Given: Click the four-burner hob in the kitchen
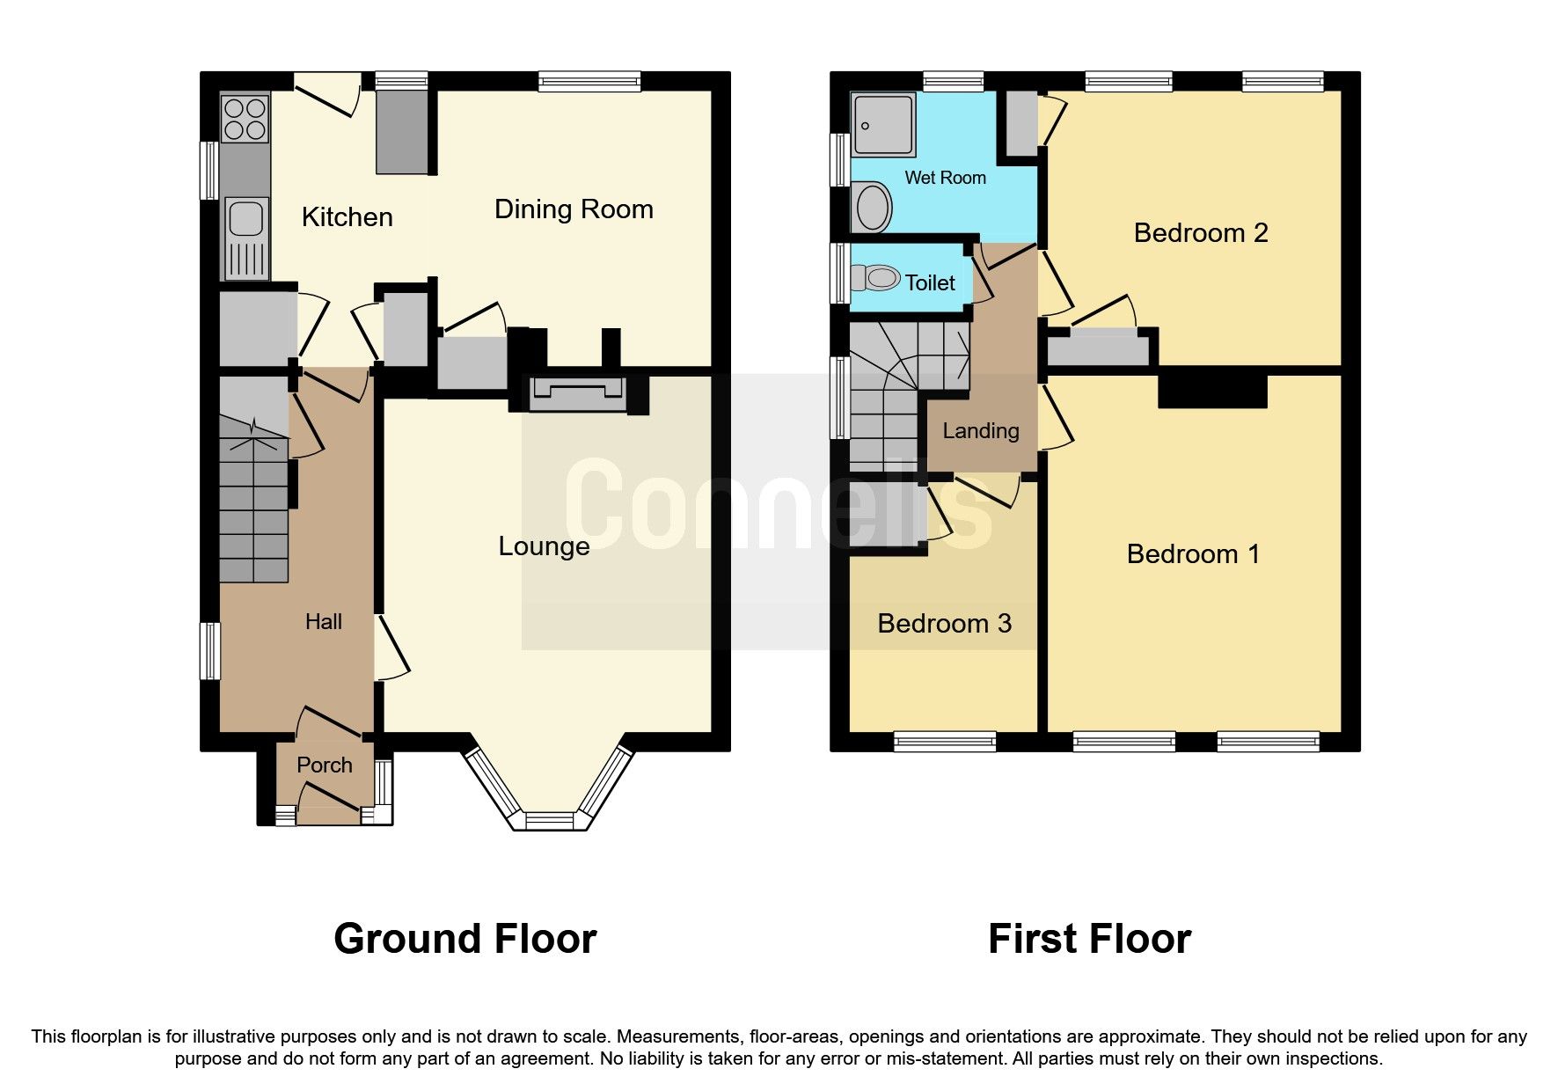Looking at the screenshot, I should (x=245, y=120).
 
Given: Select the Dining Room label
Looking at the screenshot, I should (x=574, y=209).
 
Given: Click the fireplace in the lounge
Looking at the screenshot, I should (x=577, y=393).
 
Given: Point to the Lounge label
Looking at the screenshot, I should (x=544, y=546).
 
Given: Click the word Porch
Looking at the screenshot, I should (x=325, y=765).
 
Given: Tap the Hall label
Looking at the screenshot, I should (x=323, y=622).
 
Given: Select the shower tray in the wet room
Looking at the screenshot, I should (x=884, y=124).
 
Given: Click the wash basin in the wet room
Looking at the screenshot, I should (x=873, y=208).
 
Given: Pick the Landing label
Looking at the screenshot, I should (x=981, y=431).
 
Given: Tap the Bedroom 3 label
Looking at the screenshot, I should (x=944, y=624).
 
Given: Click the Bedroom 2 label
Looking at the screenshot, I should (x=1201, y=233).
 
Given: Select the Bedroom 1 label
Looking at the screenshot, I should (x=1193, y=554).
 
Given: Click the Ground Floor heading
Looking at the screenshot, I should (x=464, y=939).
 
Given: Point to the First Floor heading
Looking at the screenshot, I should (x=1089, y=939).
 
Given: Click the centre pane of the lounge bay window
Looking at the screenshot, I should (x=549, y=821).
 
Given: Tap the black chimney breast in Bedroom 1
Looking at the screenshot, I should (x=1212, y=391).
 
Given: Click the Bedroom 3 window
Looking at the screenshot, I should (x=945, y=742).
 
